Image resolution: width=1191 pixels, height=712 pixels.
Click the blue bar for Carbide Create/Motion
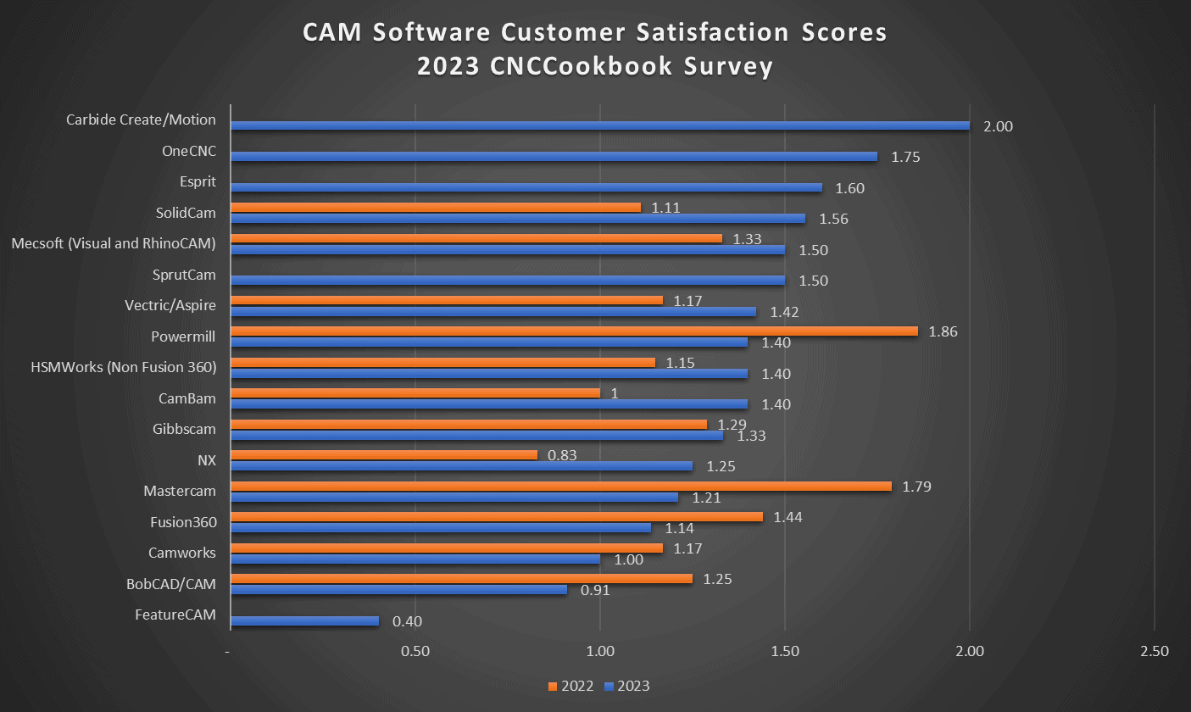[x=599, y=125]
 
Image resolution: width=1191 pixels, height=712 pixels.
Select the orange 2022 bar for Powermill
[x=574, y=331]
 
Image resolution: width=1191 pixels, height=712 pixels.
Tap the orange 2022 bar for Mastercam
[x=560, y=486]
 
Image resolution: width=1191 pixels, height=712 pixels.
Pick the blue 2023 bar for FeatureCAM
[x=304, y=620]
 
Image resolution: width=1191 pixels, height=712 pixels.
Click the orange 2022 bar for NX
[x=383, y=454]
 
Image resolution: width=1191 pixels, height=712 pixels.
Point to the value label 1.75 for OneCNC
[x=905, y=157]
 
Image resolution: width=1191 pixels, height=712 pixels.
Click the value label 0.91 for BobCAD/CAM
[x=595, y=590]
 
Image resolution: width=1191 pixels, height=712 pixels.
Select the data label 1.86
[x=943, y=331]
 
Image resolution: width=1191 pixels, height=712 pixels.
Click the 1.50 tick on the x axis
[x=785, y=652]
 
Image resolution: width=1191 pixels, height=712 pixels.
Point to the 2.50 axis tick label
[x=1155, y=652]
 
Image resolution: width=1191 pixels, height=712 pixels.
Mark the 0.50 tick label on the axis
[x=415, y=652]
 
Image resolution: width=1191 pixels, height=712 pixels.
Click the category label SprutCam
[x=184, y=275]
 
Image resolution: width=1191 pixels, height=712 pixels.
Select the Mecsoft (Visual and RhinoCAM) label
[x=114, y=243]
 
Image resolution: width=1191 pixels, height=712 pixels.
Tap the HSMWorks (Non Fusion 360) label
[x=123, y=367]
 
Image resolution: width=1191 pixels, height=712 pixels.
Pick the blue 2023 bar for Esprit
[x=526, y=187]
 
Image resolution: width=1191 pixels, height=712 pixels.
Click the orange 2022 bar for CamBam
[x=415, y=392]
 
